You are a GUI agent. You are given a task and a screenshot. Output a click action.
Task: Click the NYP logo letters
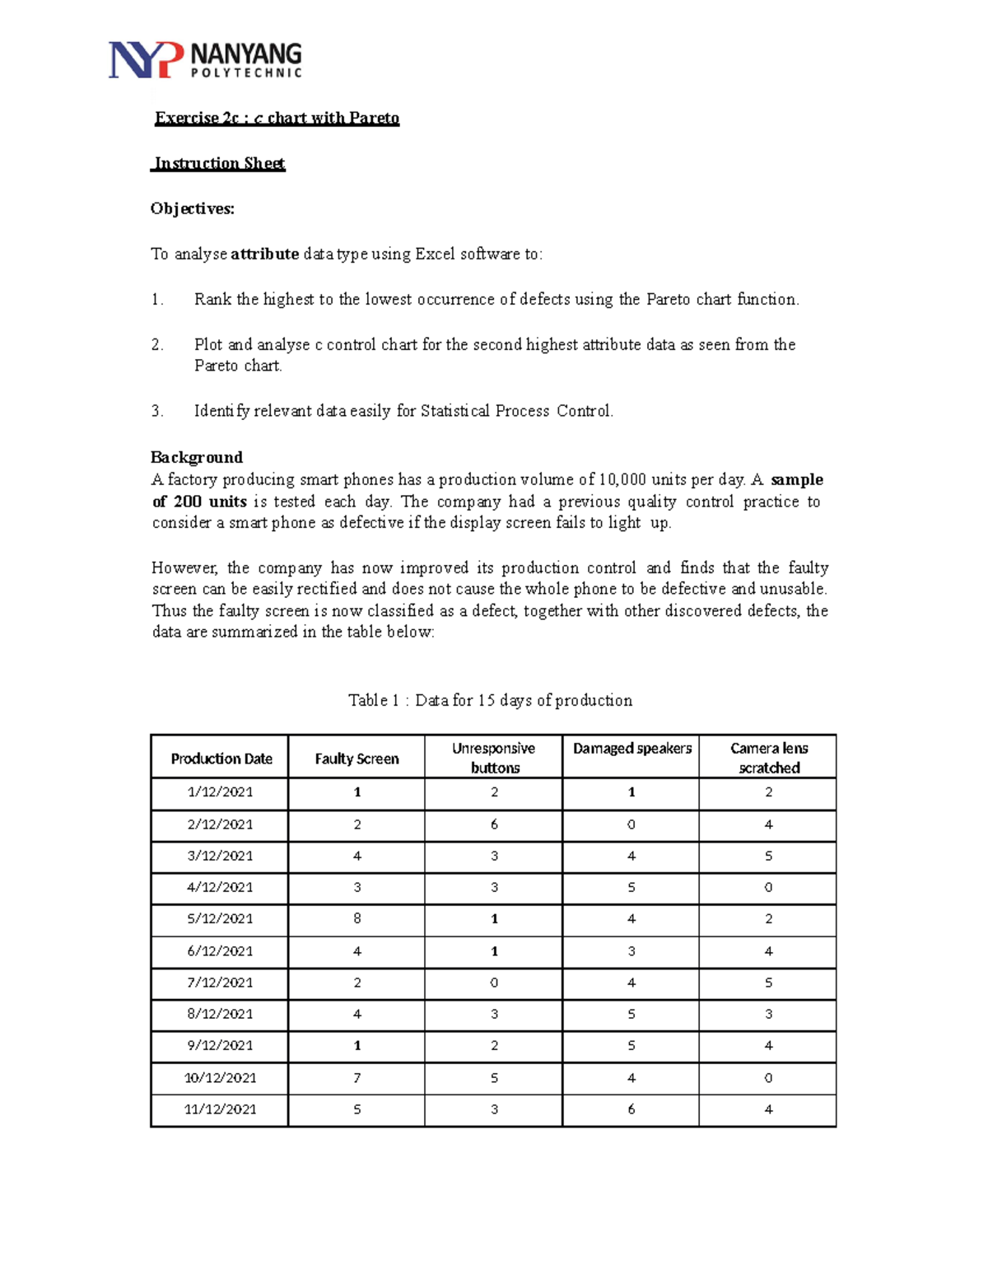pyautogui.click(x=145, y=60)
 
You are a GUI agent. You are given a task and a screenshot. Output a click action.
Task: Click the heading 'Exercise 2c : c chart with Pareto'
pyautogui.click(x=277, y=118)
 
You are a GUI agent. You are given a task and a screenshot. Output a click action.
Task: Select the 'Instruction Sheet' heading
pyautogui.click(x=219, y=163)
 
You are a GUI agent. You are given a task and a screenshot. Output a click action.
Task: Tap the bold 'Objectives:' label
pyautogui.click(x=193, y=208)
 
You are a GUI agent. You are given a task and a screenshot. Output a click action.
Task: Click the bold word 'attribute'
pyautogui.click(x=264, y=254)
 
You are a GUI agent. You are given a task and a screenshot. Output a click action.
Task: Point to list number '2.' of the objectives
pyautogui.click(x=157, y=344)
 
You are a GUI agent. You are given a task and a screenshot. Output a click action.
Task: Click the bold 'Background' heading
pyautogui.click(x=197, y=457)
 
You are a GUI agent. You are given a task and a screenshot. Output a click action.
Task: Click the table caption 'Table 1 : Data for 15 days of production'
pyautogui.click(x=490, y=700)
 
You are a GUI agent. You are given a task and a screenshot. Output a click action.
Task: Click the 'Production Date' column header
pyautogui.click(x=221, y=759)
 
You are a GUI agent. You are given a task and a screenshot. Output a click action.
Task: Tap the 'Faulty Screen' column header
pyautogui.click(x=357, y=759)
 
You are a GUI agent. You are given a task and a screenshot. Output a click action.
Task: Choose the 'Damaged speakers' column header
pyautogui.click(x=631, y=749)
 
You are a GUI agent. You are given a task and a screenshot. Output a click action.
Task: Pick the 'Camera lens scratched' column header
pyautogui.click(x=768, y=758)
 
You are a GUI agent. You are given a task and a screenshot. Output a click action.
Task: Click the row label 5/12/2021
pyautogui.click(x=220, y=918)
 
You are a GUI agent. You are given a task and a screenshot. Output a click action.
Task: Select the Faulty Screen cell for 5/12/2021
pyautogui.click(x=357, y=918)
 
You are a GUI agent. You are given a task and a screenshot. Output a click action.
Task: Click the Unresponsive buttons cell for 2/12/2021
pyautogui.click(x=494, y=824)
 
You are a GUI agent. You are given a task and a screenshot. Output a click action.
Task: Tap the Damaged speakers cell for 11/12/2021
pyautogui.click(x=631, y=1109)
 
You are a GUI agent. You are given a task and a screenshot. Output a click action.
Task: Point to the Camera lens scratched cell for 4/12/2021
pyautogui.click(x=768, y=888)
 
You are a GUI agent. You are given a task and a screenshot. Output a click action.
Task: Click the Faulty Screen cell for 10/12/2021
pyautogui.click(x=357, y=1078)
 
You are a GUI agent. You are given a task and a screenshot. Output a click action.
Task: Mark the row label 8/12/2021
pyautogui.click(x=220, y=1014)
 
